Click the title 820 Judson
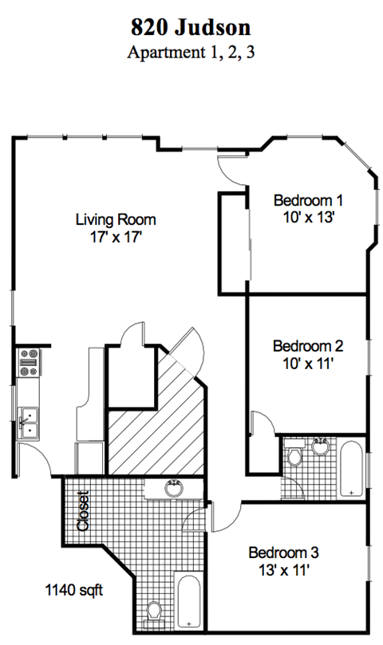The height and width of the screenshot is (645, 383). click(191, 28)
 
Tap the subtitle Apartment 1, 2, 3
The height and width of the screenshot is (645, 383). click(191, 53)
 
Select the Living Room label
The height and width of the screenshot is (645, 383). click(116, 219)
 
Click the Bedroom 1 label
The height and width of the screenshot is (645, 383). click(307, 200)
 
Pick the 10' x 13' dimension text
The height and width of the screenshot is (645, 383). click(307, 216)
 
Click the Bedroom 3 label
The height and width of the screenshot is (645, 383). click(283, 553)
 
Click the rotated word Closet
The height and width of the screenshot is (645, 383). click(82, 511)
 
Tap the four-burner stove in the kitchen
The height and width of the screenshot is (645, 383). click(30, 363)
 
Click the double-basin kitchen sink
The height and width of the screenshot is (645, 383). click(29, 422)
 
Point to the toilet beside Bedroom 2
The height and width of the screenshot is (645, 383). click(294, 458)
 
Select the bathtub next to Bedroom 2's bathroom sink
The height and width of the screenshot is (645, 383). click(351, 470)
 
